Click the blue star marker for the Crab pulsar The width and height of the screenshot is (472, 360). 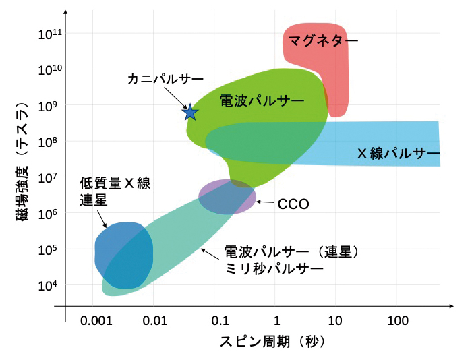point(190,113)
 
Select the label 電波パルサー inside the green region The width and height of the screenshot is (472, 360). point(262,102)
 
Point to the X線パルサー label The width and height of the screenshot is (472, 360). point(398,154)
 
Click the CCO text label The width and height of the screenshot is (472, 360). point(293,203)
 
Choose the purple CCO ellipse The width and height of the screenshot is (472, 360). point(227,197)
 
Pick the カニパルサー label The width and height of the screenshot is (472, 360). point(165,79)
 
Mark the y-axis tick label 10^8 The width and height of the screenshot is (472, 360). point(49,142)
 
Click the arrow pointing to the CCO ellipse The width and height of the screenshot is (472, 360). point(266,202)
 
